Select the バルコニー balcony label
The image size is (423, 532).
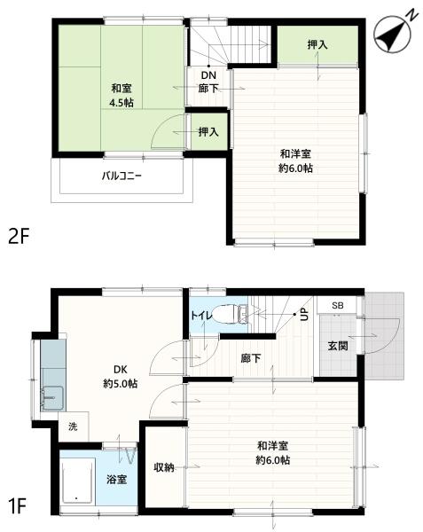point(121,175)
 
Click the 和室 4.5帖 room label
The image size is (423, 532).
point(121,95)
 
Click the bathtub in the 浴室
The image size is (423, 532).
point(78,483)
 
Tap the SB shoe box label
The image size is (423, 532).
point(338,306)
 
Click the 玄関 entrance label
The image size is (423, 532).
point(337,346)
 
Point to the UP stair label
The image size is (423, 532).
point(303,314)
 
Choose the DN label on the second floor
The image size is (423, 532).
point(209,76)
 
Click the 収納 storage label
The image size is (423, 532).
point(163,467)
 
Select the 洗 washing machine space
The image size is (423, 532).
point(73,426)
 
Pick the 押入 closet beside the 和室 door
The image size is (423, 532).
point(209,132)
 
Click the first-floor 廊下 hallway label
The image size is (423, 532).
point(251,358)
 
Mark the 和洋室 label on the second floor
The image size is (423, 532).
point(297,159)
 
